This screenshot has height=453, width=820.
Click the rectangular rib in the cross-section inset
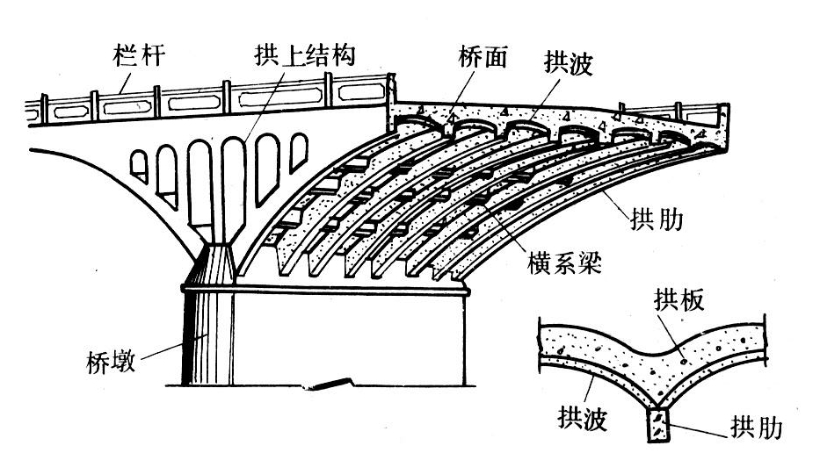pyautogui.click(x=659, y=427)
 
